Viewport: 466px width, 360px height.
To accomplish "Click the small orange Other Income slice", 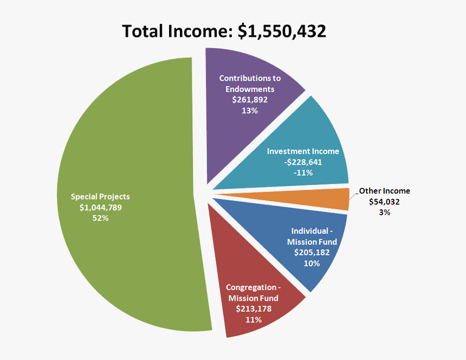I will [336, 199].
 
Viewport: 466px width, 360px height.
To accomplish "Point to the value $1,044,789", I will [100, 207].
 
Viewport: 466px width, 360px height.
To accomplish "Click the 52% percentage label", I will [100, 218].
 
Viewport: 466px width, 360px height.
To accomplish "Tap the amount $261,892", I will [250, 100].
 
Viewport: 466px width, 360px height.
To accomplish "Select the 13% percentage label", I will [250, 111].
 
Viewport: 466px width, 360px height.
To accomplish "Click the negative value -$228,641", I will [303, 162].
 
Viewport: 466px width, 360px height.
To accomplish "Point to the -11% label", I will [303, 172].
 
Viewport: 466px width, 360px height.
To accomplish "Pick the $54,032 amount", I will [384, 202].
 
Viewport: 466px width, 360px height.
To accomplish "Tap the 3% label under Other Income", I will [384, 213].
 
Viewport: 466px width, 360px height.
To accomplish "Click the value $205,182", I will [312, 252].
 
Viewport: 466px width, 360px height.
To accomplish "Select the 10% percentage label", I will [312, 263].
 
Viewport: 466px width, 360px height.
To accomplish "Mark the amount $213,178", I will [254, 308].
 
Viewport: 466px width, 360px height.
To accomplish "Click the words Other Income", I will [384, 191].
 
